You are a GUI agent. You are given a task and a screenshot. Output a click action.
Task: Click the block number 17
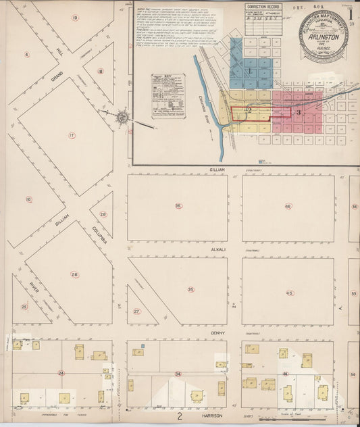click(71, 135)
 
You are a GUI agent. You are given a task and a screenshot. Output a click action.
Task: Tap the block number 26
click(74, 274)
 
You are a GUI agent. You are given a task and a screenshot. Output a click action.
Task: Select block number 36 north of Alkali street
click(178, 206)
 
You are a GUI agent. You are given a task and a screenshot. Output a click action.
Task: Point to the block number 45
click(289, 293)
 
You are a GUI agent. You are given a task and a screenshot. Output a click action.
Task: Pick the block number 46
click(288, 206)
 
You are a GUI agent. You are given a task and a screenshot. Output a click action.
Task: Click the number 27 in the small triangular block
click(136, 311)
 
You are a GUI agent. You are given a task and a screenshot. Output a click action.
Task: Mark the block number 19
click(75, 18)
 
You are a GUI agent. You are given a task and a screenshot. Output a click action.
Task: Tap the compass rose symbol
click(122, 118)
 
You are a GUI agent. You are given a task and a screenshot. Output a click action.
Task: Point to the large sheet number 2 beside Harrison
click(180, 417)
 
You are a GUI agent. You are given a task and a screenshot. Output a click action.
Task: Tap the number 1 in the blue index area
click(249, 70)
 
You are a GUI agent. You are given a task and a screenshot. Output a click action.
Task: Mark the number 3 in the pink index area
click(298, 112)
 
